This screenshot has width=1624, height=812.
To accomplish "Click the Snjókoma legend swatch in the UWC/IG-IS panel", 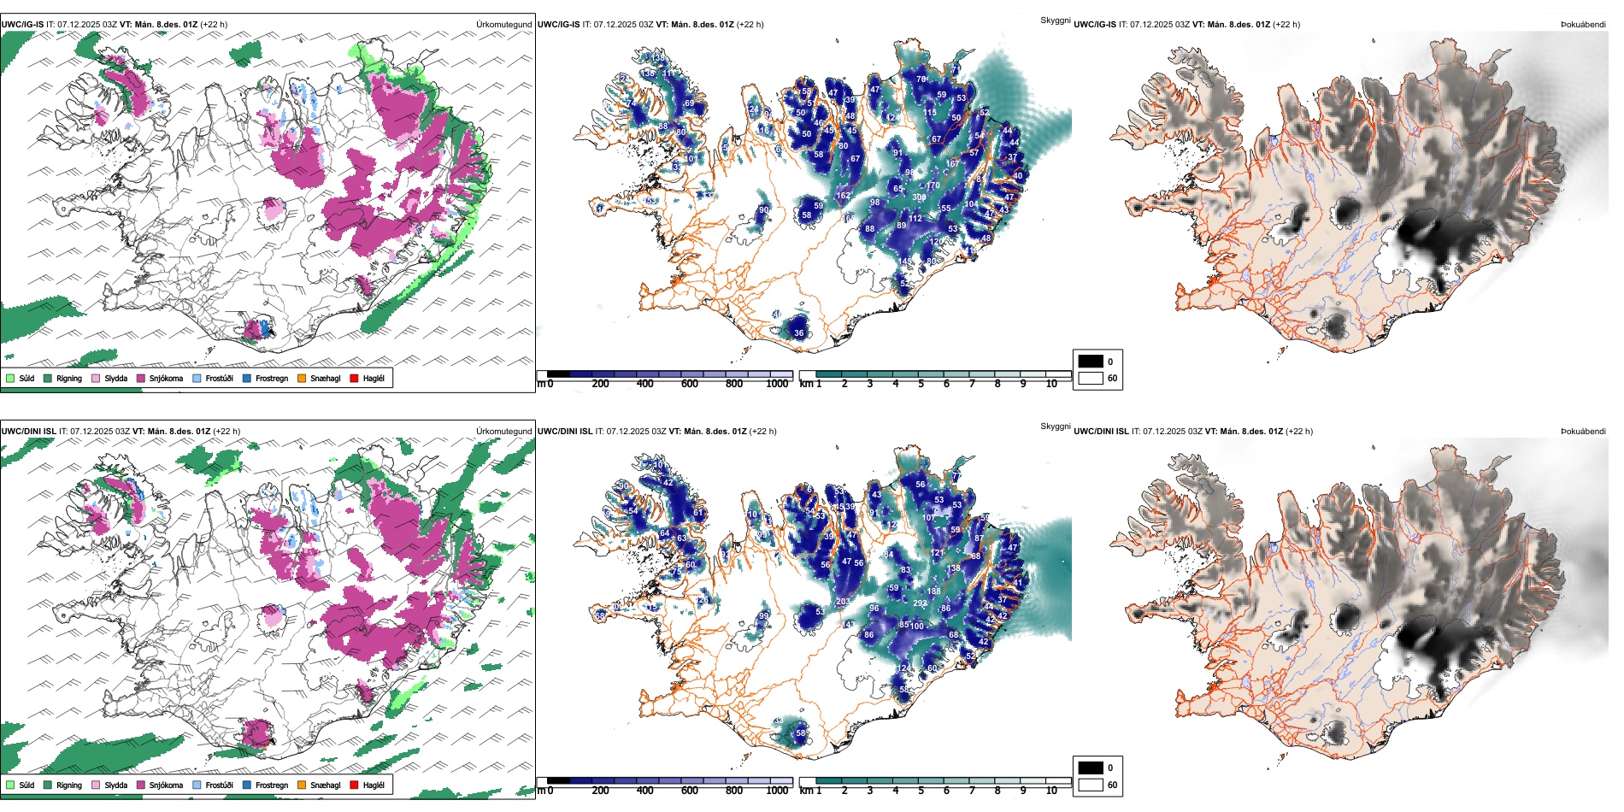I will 140,378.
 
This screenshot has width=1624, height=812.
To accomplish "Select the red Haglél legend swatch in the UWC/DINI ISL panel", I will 354,785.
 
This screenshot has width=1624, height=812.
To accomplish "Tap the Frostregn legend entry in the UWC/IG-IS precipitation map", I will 247,378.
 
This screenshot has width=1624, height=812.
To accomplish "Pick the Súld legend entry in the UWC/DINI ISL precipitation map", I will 10,785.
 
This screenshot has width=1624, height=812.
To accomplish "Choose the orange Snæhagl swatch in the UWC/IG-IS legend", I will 302,378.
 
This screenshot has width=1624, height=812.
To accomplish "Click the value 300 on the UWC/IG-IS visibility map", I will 919,197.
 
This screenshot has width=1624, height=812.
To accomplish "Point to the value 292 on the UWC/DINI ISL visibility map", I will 920,603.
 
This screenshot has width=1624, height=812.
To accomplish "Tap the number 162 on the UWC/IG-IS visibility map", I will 843,196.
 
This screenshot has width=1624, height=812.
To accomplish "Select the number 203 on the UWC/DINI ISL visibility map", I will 843,602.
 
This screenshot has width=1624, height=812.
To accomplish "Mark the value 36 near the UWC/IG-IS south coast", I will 799,333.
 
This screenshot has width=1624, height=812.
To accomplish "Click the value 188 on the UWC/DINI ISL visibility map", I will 933,591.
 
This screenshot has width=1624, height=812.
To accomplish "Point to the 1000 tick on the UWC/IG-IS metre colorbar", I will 777,384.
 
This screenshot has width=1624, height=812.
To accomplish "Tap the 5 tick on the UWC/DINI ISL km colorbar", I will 921,791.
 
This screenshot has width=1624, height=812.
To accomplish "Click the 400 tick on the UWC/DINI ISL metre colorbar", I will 644,791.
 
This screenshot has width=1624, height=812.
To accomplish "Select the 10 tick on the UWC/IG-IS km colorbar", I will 1051,384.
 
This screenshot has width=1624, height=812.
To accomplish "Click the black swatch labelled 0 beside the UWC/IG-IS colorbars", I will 1091,362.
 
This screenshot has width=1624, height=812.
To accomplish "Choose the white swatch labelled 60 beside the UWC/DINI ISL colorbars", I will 1091,785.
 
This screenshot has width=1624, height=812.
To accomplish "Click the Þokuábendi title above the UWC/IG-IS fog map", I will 1583,25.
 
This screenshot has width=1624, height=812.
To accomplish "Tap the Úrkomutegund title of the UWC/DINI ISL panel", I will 503,432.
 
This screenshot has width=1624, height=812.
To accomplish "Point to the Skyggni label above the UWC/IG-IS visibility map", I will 1055,20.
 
